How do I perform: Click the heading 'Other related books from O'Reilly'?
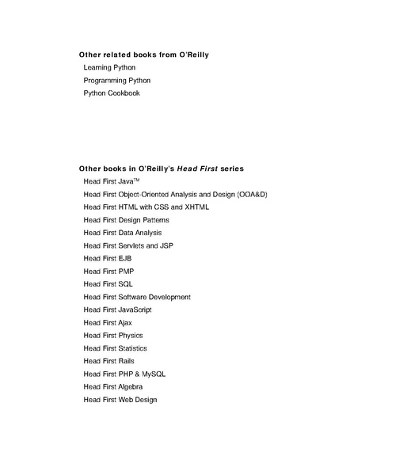143,55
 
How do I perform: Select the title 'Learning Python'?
109,67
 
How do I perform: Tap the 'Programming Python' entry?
117,80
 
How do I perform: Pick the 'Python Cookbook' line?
112,93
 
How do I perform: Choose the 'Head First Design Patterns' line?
126,219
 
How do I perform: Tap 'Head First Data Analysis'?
123,233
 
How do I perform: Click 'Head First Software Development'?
137,297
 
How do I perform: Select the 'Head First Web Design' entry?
120,400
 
